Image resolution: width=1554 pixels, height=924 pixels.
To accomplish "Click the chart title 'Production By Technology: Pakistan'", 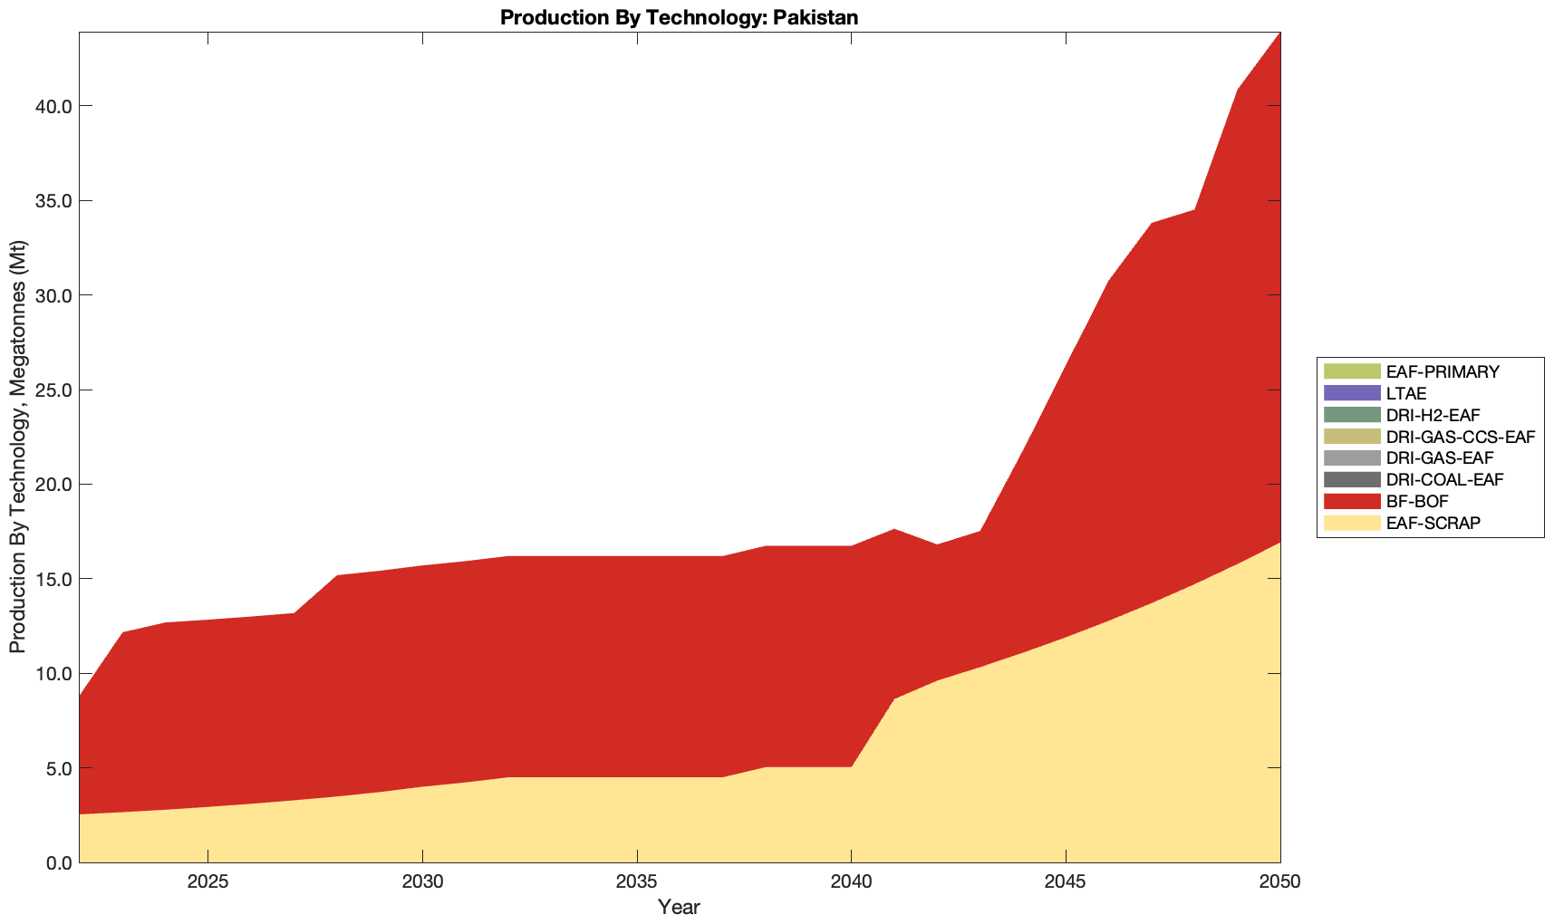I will (x=679, y=17).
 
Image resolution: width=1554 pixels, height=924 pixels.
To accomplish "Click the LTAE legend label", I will (x=1406, y=393).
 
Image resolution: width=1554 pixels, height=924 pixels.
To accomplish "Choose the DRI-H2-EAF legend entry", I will (x=1433, y=415).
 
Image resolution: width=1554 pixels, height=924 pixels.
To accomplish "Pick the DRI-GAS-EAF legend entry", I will (x=1440, y=458).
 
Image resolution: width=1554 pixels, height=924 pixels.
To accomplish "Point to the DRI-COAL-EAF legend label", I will (x=1444, y=479).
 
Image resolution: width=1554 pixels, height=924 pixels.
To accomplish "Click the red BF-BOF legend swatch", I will (x=1351, y=501).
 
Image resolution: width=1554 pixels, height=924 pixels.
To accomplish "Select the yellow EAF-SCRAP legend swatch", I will (x=1351, y=523).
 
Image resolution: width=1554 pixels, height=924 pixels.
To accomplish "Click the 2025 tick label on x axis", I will (x=208, y=883).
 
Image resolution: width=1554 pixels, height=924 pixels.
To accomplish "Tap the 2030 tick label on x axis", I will (x=422, y=883).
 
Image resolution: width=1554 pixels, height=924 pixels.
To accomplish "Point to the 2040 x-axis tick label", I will (x=852, y=883).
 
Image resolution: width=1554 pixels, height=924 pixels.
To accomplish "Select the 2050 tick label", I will (x=1280, y=883).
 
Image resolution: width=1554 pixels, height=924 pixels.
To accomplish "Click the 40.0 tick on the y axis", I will (x=53, y=106).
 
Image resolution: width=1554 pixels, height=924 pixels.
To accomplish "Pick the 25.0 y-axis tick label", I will (x=53, y=390).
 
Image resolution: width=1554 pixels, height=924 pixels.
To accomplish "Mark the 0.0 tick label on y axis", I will (x=57, y=862).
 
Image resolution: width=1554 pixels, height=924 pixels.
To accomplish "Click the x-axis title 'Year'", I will (x=679, y=907).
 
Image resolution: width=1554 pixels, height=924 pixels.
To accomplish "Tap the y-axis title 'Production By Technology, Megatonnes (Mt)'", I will (x=17, y=447).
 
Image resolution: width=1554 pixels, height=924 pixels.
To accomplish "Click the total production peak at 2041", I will (x=894, y=529).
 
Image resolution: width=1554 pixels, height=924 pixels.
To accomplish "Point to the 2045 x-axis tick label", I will (x=1066, y=883).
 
